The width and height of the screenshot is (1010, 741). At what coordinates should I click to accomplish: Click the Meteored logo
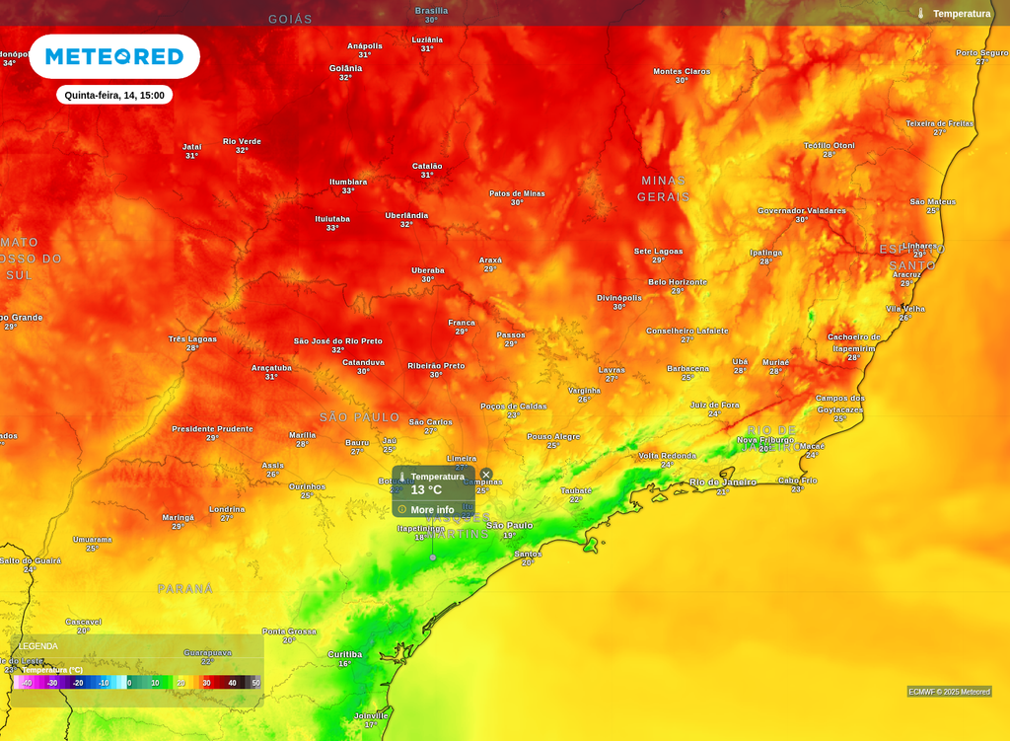coord(114,56)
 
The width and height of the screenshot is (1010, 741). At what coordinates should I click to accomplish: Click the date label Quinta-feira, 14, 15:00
coord(114,95)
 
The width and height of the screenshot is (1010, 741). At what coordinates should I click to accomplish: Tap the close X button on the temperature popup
coord(486,475)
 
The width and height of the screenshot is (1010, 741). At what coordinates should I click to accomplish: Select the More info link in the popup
coord(432,509)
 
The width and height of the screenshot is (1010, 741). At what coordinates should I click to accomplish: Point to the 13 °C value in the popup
coord(426,490)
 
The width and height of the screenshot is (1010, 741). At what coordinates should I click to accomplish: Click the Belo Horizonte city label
coord(677,282)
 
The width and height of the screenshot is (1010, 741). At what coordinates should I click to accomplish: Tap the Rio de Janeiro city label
coord(723,482)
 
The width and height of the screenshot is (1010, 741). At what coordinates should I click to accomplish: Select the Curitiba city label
coord(345,654)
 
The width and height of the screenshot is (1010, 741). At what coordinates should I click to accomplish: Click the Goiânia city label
coord(345,68)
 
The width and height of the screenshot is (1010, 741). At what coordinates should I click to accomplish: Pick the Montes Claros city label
coord(682,71)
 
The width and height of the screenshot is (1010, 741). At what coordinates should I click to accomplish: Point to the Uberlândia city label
coord(406,215)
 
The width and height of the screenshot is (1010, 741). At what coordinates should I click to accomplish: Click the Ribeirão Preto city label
coord(436,366)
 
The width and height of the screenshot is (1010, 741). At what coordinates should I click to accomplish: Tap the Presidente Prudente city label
coord(212,429)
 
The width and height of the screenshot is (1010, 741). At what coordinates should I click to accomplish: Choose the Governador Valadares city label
coord(802,210)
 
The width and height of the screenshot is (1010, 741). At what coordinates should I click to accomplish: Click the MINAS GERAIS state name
coord(663,188)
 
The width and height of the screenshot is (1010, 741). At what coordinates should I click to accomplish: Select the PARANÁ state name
coord(185,588)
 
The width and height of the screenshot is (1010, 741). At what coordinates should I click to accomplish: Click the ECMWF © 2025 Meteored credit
coord(949,692)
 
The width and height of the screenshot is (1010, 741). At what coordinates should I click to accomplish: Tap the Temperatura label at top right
coord(962,14)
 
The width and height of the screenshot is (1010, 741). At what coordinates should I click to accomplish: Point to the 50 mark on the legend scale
coord(255,683)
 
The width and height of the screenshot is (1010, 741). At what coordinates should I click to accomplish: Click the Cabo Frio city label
coord(797,481)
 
